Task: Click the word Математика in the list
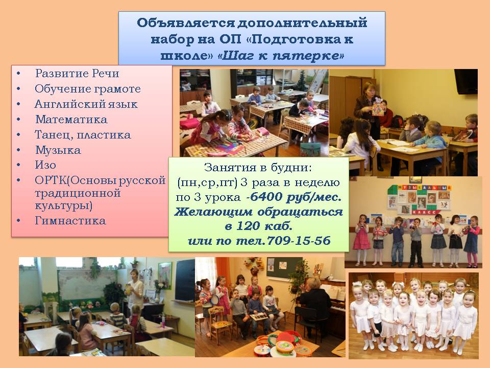tap(71, 119)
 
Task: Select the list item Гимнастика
tap(70, 221)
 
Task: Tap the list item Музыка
tap(58, 150)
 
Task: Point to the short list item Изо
tap(45, 165)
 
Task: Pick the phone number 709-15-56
tap(299, 240)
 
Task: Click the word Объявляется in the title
tap(186, 23)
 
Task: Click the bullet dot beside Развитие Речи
tap(18, 74)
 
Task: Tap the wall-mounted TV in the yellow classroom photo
tap(465, 81)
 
